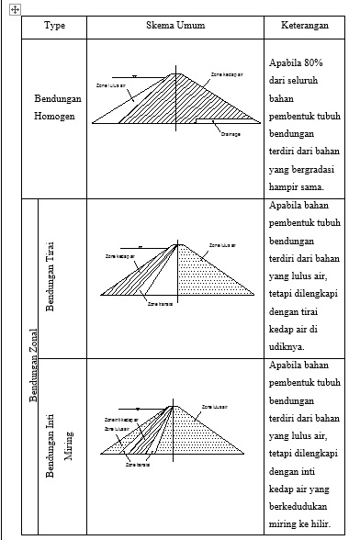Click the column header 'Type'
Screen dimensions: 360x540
point(53,27)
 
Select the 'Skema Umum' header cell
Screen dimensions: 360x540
point(174,27)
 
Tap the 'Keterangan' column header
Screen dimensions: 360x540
point(303,27)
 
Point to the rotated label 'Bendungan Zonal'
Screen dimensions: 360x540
point(32,366)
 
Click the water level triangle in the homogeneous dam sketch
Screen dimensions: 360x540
point(134,76)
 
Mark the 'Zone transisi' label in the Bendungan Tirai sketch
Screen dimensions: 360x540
point(160,302)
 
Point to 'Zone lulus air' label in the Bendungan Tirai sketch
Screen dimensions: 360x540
point(222,245)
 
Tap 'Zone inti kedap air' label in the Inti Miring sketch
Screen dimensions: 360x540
point(120,420)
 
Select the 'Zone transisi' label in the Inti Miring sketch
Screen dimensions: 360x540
point(138,466)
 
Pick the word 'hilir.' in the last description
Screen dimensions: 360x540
point(324,522)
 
